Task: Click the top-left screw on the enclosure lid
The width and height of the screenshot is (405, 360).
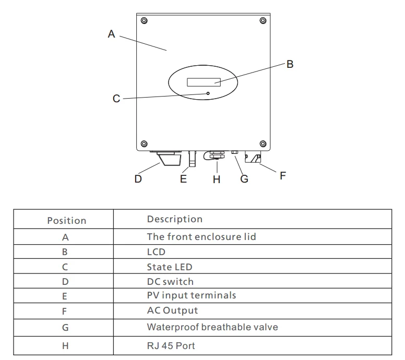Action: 144,20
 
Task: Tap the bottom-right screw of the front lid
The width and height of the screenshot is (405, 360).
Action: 263,143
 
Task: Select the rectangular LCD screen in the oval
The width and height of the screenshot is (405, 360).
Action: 204,82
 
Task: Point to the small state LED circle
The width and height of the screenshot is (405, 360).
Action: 208,93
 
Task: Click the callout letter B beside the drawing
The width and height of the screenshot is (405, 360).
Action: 290,64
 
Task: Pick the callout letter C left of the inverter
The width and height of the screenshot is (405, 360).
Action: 116,99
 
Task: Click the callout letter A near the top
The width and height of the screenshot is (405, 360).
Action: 111,34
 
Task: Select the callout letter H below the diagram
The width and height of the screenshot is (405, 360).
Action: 217,179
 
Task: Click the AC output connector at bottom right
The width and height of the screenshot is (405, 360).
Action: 253,157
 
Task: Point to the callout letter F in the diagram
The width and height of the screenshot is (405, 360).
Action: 283,176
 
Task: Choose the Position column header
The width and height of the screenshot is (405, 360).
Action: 67,221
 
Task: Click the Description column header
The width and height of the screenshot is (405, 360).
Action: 175,219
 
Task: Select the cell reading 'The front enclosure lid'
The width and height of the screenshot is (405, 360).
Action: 201,236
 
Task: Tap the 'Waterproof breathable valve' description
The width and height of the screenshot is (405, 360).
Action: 212,327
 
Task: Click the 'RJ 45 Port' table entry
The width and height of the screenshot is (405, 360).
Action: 171,345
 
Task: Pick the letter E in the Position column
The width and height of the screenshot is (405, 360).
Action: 65,296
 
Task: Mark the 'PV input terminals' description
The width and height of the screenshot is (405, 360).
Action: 192,295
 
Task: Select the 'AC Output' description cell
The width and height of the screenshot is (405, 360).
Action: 172,310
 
